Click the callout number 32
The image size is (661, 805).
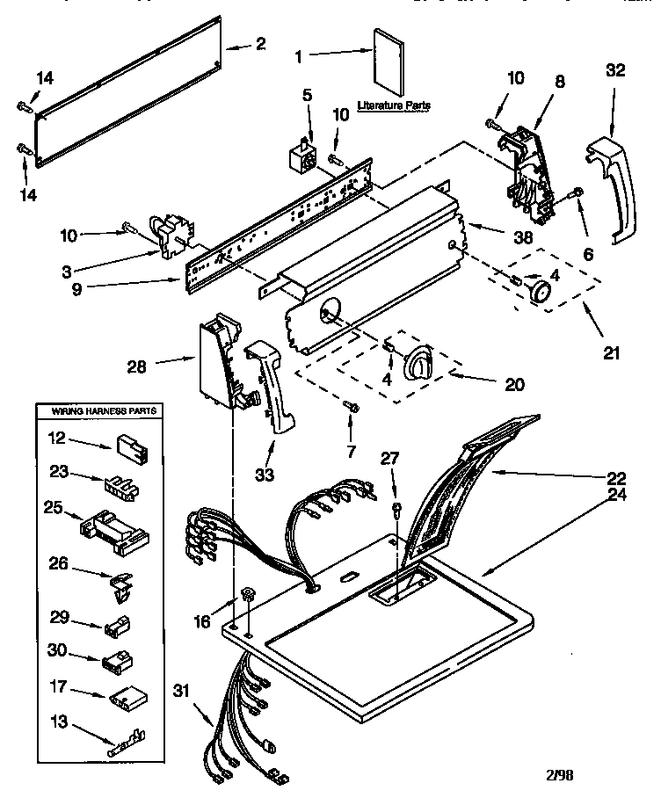[x=615, y=71]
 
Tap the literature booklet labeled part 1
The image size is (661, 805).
[x=387, y=63]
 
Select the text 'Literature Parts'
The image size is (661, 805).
[x=394, y=105]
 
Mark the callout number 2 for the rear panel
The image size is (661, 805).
[x=259, y=45]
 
